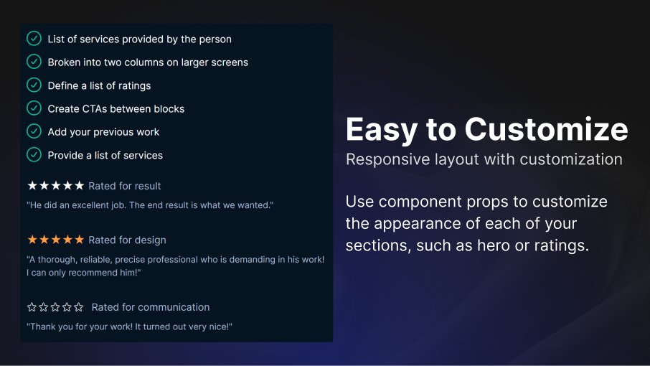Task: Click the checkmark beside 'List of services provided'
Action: pos(34,39)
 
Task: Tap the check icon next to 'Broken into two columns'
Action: pos(34,62)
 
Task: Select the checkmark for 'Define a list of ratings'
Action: pos(34,85)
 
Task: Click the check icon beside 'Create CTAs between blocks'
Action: pos(34,108)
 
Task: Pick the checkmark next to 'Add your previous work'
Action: pos(34,131)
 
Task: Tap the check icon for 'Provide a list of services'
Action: pos(34,154)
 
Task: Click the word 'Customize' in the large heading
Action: pos(547,129)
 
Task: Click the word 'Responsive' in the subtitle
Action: pos(388,160)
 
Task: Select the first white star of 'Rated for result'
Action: pos(32,185)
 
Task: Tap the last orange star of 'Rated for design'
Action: pos(79,239)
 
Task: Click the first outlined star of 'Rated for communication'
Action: pos(32,306)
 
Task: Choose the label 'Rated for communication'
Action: pos(151,307)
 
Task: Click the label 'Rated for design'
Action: pos(127,240)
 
